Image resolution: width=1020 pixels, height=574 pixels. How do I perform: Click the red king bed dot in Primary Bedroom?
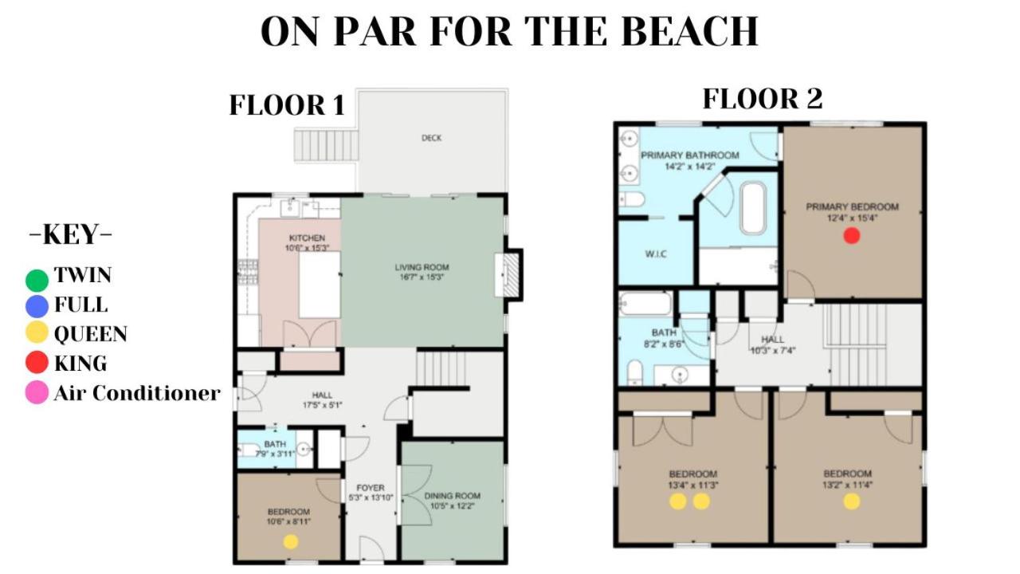coord(852,236)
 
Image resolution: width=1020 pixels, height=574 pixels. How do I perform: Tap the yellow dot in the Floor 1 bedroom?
coord(291,541)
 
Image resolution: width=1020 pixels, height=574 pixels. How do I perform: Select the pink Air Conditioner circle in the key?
coord(37,392)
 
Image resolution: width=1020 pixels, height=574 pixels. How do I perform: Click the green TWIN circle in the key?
coord(37,280)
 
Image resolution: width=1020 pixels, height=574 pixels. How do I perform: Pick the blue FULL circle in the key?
coord(37,306)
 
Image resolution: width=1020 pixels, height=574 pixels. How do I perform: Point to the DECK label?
coord(431,138)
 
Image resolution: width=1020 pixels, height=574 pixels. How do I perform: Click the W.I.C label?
coord(656,254)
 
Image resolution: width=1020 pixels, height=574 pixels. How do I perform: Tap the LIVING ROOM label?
coord(422,267)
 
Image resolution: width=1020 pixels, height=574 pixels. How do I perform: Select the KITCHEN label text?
coord(307,238)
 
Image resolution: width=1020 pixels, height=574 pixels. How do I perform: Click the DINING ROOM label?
coord(452,496)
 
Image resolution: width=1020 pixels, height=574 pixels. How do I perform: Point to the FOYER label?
coord(371,488)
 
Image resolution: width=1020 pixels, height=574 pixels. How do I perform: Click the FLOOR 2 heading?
coord(763,99)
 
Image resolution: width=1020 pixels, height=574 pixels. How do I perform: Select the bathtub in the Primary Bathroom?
coord(754,208)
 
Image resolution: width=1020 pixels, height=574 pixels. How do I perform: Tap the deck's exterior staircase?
coord(326,145)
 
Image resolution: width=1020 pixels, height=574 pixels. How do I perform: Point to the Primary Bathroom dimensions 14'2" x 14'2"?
coord(690,167)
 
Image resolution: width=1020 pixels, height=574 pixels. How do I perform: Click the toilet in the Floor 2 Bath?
coord(634,372)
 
